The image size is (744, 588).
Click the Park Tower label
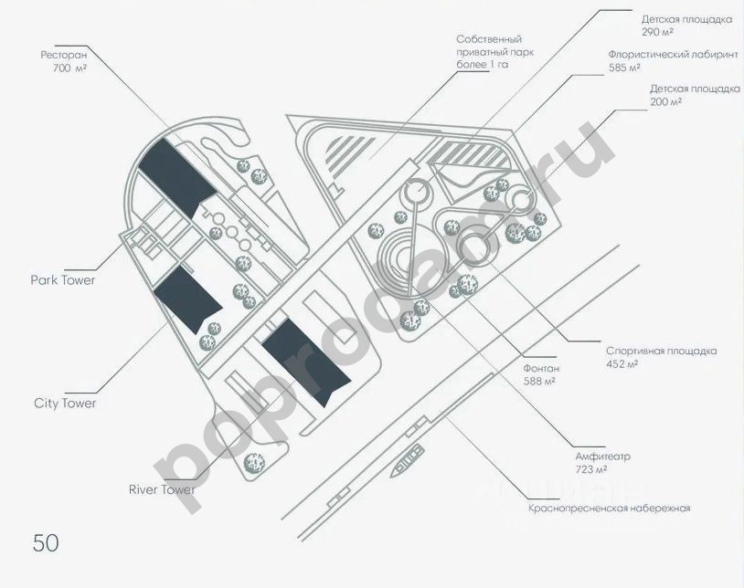click(x=63, y=279)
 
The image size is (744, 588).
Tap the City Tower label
click(x=65, y=403)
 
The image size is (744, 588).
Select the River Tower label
click(x=162, y=489)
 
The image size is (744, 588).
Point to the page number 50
click(x=46, y=542)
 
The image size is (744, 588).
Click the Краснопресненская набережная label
click(x=609, y=509)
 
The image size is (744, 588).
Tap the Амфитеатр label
click(x=603, y=456)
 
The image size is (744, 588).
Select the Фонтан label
click(x=540, y=368)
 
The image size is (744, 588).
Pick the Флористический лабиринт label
click(x=673, y=55)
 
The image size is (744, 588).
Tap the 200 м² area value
click(x=665, y=101)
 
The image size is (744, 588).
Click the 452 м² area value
click(x=622, y=364)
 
